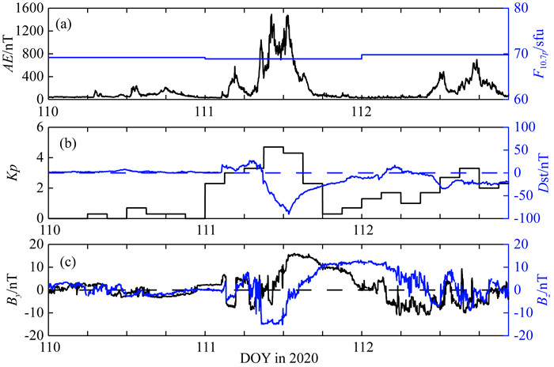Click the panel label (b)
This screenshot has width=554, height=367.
click(72, 144)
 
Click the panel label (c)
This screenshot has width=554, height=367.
click(72, 259)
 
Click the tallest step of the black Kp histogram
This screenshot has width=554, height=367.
click(274, 147)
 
